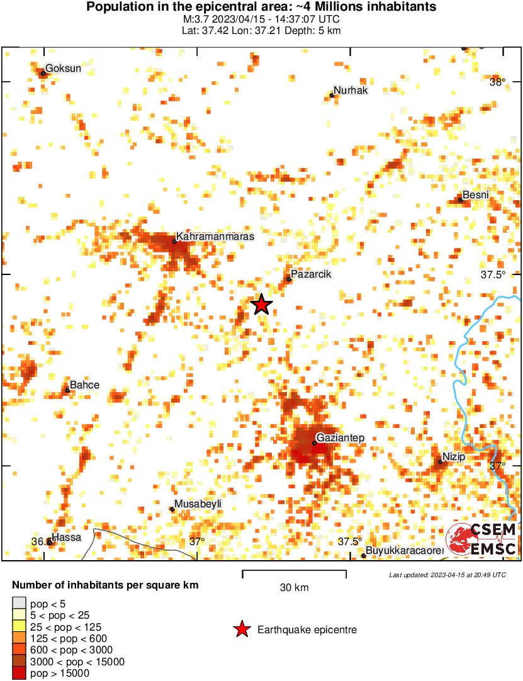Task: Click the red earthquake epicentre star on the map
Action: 261,305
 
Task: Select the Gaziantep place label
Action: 340,437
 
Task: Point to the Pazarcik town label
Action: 311,274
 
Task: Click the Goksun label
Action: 64,69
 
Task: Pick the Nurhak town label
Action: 351,91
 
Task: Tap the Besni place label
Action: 475,194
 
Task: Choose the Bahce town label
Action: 84,385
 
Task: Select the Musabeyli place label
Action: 198,505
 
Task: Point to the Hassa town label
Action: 66,537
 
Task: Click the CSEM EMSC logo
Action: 481,539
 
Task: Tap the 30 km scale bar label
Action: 294,588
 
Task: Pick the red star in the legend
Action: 241,629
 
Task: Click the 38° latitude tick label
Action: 497,81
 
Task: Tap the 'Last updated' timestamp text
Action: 447,575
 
